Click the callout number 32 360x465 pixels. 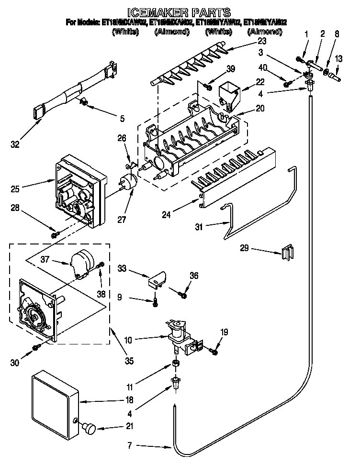16,144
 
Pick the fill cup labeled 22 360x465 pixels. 228,94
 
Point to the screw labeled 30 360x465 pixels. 35,346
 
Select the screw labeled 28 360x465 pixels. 56,234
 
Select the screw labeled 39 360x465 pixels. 207,86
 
